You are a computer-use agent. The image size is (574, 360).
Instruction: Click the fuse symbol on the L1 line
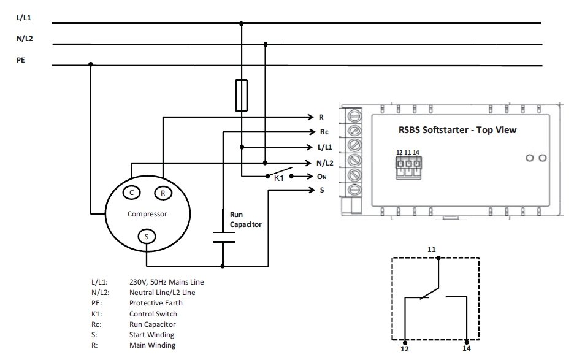click(242, 95)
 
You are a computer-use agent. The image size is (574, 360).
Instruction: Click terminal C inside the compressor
click(131, 193)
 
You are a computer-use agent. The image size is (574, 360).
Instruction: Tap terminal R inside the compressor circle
click(163, 193)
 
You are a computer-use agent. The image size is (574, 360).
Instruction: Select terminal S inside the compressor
click(146, 236)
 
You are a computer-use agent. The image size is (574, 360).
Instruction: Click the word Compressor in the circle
click(147, 214)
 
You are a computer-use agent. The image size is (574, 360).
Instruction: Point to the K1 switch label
click(278, 178)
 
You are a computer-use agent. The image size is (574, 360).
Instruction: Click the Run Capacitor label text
click(245, 220)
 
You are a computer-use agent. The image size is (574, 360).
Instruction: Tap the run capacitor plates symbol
click(223, 237)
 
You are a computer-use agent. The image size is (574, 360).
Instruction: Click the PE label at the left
click(21, 61)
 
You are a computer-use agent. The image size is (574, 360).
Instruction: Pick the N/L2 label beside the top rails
click(24, 39)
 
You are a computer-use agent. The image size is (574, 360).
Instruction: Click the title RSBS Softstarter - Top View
click(453, 130)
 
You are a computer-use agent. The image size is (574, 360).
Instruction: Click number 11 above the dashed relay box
click(432, 250)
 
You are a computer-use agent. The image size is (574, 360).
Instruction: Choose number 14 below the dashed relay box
click(467, 348)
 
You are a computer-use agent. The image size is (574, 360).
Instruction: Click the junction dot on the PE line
click(91, 64)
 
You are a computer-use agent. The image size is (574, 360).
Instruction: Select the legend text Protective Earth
click(156, 303)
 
